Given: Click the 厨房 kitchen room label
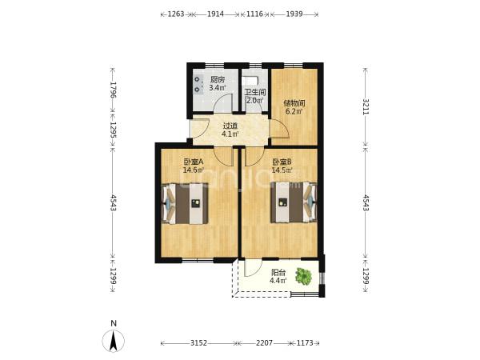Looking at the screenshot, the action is point(218,80).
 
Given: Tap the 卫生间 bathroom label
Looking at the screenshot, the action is point(255,92).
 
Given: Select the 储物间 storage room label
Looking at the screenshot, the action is point(294,103).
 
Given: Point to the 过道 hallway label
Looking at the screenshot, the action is point(230,126).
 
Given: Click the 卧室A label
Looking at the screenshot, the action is point(194,162).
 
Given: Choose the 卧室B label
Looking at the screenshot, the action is point(282,162).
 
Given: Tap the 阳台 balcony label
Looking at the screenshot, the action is point(278,272).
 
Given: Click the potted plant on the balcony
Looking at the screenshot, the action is point(304,276).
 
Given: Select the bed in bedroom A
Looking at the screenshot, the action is point(185,203).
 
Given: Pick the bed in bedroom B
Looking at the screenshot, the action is point(293,202).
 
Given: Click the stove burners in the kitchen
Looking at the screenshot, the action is point(198,85).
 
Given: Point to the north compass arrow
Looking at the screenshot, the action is point(114,341).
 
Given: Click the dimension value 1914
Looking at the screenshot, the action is point(215,14).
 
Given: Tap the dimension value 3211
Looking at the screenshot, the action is point(366,106).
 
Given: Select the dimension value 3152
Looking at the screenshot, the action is point(199,343).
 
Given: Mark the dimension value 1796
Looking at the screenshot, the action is point(114,90).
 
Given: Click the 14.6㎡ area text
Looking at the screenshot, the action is point(194,170).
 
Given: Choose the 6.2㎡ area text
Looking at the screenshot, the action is point(294,111).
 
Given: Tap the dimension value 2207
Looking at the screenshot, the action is point(264,343).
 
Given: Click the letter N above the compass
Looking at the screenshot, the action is point(114,323).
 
